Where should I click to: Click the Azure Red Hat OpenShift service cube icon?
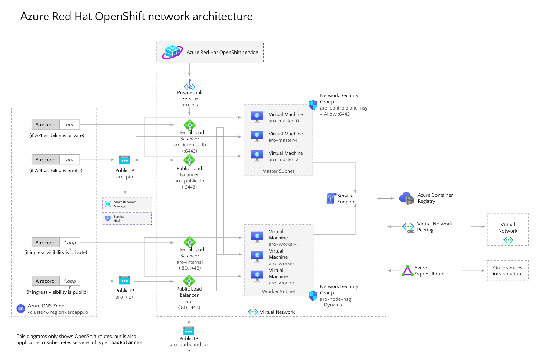click(172, 52)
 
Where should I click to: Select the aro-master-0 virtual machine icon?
click(257, 117)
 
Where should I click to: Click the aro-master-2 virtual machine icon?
click(257, 155)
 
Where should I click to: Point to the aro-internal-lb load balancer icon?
click(190, 125)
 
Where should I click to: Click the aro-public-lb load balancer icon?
click(189, 160)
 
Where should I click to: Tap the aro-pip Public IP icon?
click(125, 160)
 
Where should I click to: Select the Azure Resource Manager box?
click(127, 204)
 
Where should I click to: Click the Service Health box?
click(127, 218)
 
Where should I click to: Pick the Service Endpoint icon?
click(331, 198)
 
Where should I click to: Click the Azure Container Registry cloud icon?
click(406, 198)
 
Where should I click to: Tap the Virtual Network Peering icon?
click(408, 227)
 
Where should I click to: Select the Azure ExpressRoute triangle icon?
click(407, 271)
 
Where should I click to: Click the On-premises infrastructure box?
click(508, 271)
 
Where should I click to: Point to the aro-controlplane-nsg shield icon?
click(313, 105)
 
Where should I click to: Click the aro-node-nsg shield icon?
click(313, 296)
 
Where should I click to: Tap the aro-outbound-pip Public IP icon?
click(189, 331)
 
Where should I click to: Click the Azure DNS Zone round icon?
click(21, 309)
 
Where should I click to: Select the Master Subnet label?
click(278, 171)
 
